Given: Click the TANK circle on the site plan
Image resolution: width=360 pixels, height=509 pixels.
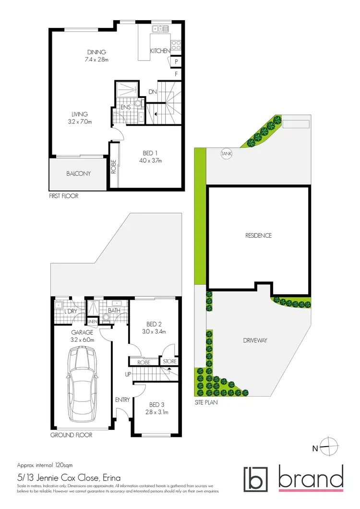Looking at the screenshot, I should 226,154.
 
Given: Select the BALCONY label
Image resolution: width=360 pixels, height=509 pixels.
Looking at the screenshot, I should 78,173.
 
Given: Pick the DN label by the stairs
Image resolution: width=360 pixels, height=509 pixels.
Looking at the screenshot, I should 152,92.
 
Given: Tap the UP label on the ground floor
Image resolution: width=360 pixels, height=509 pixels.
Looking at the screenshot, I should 128,374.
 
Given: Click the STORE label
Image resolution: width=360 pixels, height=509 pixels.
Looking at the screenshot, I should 169,362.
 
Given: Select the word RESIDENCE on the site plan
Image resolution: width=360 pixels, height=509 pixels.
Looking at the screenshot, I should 258,235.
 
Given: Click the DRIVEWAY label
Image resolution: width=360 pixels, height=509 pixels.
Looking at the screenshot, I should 254,340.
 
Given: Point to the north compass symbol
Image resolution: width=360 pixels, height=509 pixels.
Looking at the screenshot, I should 329,448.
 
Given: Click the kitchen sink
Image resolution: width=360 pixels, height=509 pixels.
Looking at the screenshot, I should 159,29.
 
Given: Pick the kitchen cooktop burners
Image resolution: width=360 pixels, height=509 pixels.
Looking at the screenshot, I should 176,45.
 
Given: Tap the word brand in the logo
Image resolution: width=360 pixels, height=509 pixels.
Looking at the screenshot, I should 311,478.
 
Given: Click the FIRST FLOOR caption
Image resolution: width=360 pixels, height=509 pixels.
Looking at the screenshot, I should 63,196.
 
